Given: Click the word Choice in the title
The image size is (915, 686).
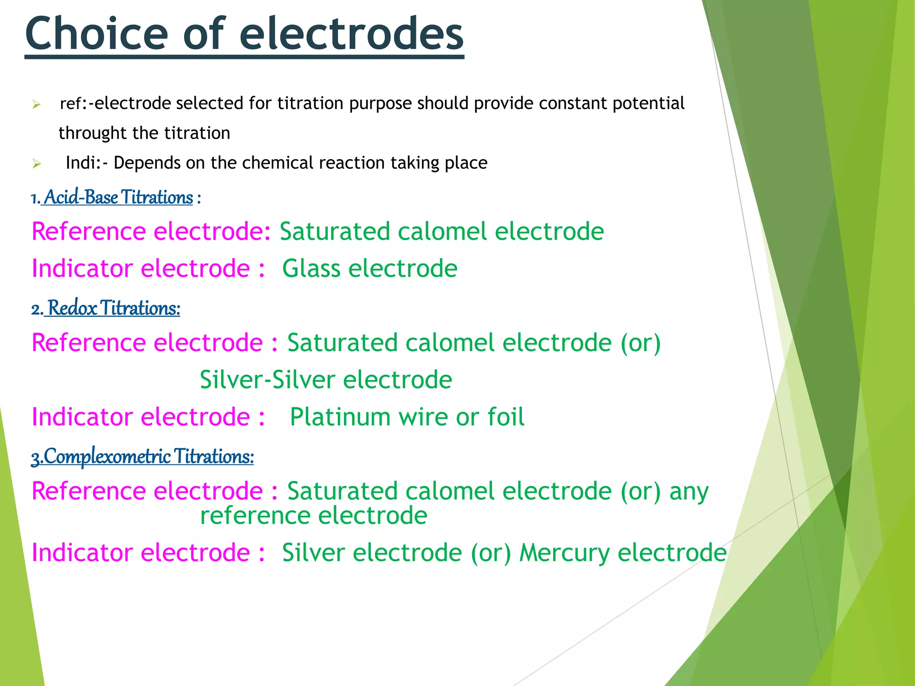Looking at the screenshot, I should [x=97, y=34].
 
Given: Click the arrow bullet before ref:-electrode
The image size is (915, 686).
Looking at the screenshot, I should [x=37, y=105].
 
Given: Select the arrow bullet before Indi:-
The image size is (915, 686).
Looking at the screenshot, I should [x=37, y=164].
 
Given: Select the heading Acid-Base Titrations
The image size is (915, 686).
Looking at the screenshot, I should [x=118, y=197].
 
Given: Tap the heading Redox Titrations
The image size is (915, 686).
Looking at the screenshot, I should [x=114, y=308].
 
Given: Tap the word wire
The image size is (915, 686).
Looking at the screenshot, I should [x=422, y=417].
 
